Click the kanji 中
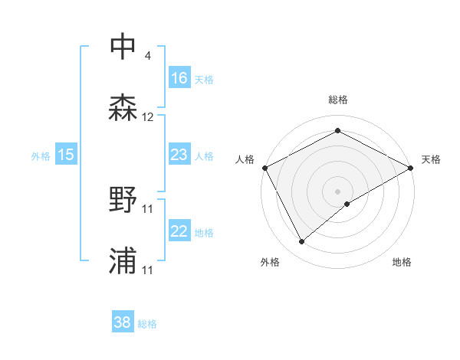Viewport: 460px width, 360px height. click(123, 47)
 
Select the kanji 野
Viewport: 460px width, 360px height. click(123, 200)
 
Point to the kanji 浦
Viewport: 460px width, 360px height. click(123, 262)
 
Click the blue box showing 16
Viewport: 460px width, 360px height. click(179, 78)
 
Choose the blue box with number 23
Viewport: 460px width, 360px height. click(179, 155)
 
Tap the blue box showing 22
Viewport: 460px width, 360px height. click(179, 231)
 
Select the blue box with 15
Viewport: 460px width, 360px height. click(66, 155)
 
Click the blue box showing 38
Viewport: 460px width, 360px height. click(123, 322)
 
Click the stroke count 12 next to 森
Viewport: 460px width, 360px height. click(148, 118)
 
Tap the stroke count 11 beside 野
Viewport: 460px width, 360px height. click(148, 209)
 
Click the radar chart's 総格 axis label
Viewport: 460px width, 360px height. click(338, 100)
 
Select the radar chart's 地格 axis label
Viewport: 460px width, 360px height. click(402, 263)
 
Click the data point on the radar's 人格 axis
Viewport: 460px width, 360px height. click(264, 168)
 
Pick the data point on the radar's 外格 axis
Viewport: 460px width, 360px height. click(302, 241)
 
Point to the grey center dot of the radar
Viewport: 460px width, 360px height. click(338, 191)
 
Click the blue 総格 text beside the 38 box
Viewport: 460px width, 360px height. click(147, 324)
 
